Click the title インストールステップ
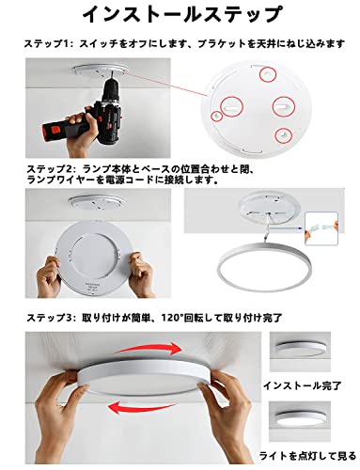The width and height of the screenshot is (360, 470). tap(182, 14)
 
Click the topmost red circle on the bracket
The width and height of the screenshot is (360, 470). tap(268, 74)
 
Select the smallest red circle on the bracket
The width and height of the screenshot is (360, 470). tap(216, 116)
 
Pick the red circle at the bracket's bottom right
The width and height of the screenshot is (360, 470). tap(283, 135)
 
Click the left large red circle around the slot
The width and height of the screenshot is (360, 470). tap(232, 106)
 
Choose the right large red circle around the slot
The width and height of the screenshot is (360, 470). tap(284, 106)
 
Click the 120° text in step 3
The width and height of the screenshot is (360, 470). tap(172, 318)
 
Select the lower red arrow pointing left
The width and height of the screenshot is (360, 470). tap(141, 406)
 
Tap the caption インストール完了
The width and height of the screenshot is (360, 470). tap(302, 385)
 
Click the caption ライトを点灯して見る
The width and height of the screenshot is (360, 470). tap(307, 456)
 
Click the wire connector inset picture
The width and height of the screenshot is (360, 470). tap(321, 228)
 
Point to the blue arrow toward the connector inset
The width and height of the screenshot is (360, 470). tap(287, 228)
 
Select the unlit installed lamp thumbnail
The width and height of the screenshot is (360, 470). tap(300, 352)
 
